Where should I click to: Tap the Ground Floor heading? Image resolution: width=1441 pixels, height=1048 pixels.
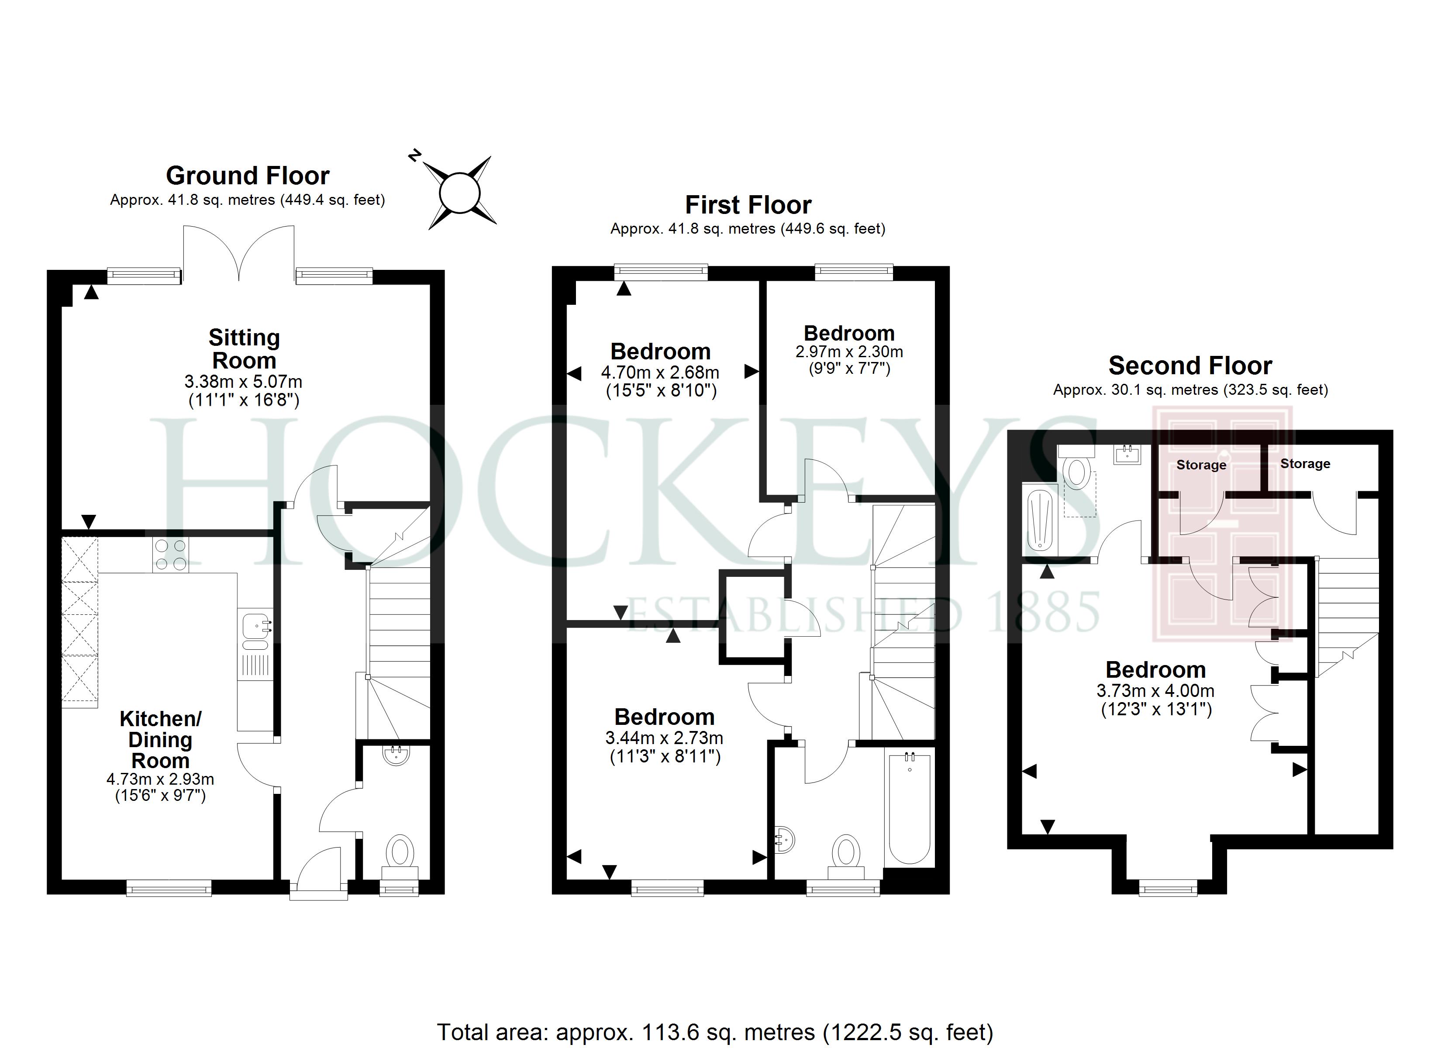pos(248,176)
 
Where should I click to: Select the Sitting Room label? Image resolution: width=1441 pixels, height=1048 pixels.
pos(244,349)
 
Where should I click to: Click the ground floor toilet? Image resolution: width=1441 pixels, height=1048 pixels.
pos(400,855)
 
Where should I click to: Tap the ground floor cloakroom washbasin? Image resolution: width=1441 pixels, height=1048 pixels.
pos(397,755)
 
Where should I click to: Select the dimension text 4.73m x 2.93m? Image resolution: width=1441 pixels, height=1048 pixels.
pos(160,779)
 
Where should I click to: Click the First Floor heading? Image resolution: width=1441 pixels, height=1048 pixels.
pos(748,205)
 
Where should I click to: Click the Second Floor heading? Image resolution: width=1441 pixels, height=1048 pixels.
pos(1190,366)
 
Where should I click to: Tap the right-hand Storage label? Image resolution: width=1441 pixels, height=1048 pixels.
pos(1305,464)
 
